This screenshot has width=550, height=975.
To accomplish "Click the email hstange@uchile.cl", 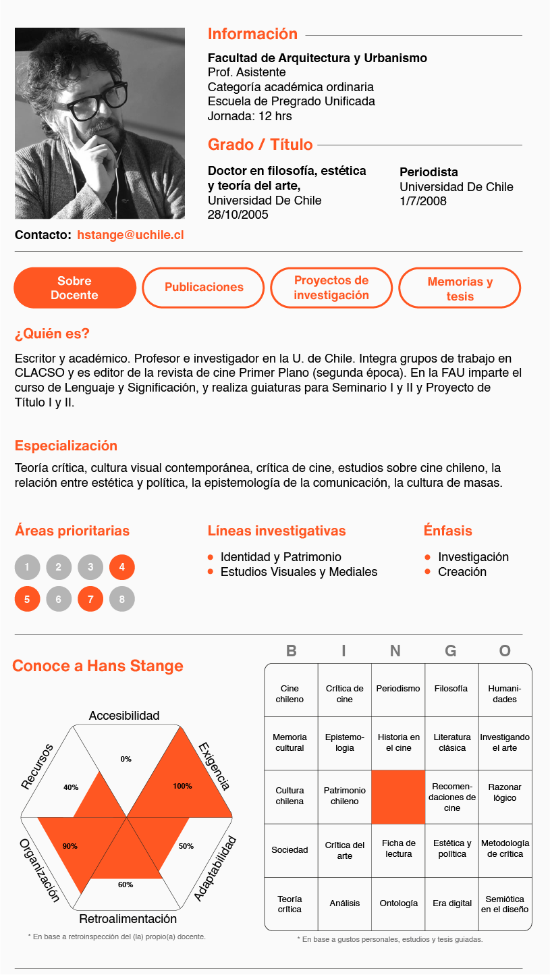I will (x=130, y=235).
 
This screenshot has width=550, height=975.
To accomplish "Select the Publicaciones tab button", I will (x=204, y=288).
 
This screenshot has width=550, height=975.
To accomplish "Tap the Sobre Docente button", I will (x=74, y=288).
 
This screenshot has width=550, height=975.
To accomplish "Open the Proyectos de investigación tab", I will (x=331, y=288).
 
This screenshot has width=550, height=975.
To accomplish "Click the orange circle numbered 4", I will (x=122, y=567).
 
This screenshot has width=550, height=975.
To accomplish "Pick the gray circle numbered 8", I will (x=122, y=599).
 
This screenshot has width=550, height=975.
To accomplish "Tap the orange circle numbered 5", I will (x=27, y=599).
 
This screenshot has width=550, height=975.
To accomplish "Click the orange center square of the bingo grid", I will (x=398, y=797).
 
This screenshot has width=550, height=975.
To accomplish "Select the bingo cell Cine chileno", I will (x=290, y=694).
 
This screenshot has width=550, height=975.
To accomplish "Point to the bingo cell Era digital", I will (x=451, y=903).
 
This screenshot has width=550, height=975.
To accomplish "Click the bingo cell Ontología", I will (x=398, y=903).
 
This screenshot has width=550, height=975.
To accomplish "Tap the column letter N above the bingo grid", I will (x=395, y=651).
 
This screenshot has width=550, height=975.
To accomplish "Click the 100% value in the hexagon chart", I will (x=182, y=786).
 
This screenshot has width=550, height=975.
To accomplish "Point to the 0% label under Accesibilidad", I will (x=126, y=759).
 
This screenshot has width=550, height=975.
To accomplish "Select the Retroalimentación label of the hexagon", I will (x=128, y=919).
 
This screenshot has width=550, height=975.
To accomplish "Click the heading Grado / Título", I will (x=260, y=144).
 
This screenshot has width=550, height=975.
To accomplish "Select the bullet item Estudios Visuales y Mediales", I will (x=299, y=572).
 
